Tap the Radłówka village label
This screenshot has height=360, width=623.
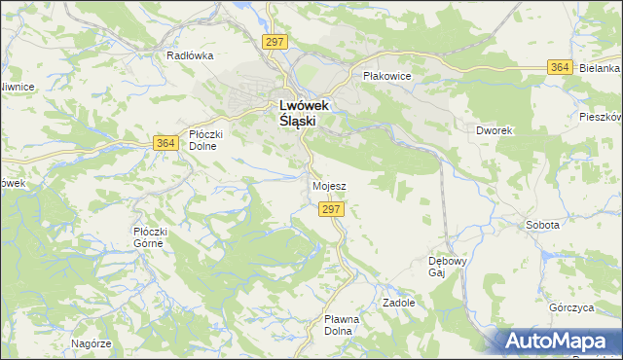point(190,55)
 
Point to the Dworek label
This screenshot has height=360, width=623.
point(495,129)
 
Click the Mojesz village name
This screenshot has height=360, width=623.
point(329,185)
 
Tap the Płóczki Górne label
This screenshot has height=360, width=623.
point(152,236)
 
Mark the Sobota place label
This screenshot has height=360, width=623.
point(542,225)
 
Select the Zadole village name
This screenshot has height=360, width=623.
point(399,303)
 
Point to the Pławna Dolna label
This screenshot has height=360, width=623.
point(342,324)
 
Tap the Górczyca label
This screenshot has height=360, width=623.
point(570,307)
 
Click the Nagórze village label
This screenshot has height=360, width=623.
point(92,343)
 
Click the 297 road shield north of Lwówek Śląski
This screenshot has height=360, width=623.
point(275,41)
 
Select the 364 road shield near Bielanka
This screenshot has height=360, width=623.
point(559,67)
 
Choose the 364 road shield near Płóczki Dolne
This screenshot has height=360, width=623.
point(165,143)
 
